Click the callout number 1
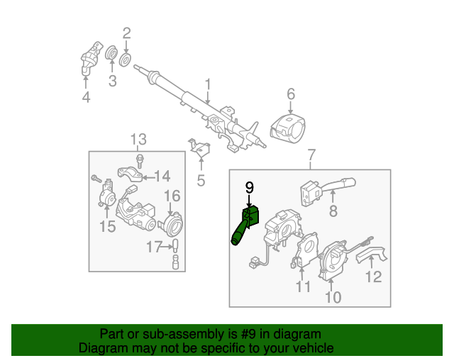click(x=208, y=86)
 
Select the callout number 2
click(x=127, y=33)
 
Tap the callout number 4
click(x=86, y=96)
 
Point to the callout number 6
click(x=291, y=94)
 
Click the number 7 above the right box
click(x=311, y=155)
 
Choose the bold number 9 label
click(x=249, y=187)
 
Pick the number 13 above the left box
click(x=138, y=138)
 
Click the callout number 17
click(x=154, y=247)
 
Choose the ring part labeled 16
click(x=170, y=223)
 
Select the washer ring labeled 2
click(x=126, y=57)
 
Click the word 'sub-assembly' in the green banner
click(x=185, y=334)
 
